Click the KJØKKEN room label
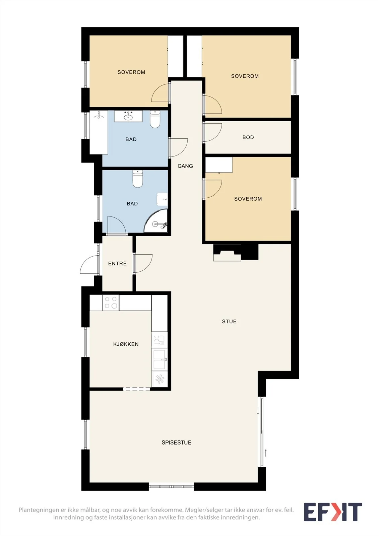pyautogui.click(x=126, y=344)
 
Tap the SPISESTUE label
pyautogui.click(x=177, y=443)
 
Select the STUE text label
pyautogui.click(x=229, y=321)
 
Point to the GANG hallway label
pyautogui.click(x=185, y=166)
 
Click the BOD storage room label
pyautogui.click(x=248, y=137)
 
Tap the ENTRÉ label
pyautogui.click(x=117, y=263)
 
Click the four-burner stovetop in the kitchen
pyautogui.click(x=111, y=303)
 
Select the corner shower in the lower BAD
pyautogui.click(x=156, y=221)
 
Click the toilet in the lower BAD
pyautogui.click(x=138, y=179)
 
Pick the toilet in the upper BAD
pyautogui.click(x=155, y=119)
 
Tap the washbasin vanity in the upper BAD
pyautogui.click(x=128, y=116)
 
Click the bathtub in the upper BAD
pyautogui.click(x=99, y=132)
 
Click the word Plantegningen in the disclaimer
pyautogui.click(x=39, y=510)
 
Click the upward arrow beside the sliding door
pyautogui.click(x=266, y=453)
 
